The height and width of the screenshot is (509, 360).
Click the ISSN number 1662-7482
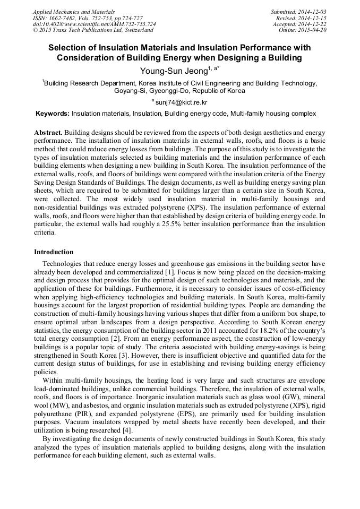click(x=65, y=18)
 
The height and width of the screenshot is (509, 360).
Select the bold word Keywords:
click(x=52, y=114)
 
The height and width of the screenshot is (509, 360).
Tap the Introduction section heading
click(x=54, y=252)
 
